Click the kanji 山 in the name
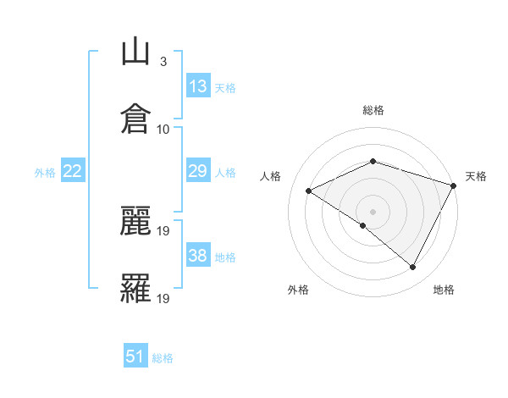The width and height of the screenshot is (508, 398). (x=135, y=53)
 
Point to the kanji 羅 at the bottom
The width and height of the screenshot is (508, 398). (x=135, y=287)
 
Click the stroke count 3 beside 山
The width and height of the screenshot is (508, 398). (x=163, y=62)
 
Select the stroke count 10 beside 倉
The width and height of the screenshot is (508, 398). (x=163, y=129)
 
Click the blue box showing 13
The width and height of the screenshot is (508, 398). (x=198, y=86)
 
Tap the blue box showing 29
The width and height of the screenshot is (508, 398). (x=198, y=171)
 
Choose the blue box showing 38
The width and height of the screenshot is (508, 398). (x=198, y=256)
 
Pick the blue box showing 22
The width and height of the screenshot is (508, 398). (x=73, y=171)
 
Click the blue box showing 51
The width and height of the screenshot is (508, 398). (x=135, y=357)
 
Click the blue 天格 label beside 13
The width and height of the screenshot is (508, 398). (x=225, y=88)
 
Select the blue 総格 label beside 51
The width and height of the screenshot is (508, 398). (x=163, y=358)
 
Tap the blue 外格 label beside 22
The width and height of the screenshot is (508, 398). (x=45, y=173)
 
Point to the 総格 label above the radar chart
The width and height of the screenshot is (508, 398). (x=373, y=110)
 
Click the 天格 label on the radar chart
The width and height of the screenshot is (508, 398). (x=476, y=176)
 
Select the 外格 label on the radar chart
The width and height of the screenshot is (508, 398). (x=298, y=290)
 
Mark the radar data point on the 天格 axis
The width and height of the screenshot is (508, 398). (x=454, y=185)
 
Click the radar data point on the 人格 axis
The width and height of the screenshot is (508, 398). (x=309, y=191)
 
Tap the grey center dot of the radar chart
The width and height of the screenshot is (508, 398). (x=373, y=211)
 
